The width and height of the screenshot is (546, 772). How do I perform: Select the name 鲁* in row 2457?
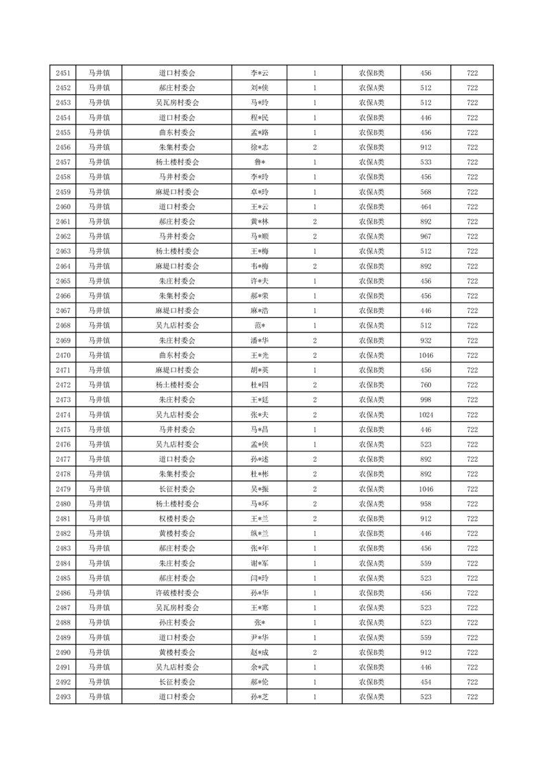click(x=259, y=162)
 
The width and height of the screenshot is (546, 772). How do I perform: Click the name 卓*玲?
click(x=259, y=192)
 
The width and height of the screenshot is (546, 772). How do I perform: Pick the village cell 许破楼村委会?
click(x=177, y=593)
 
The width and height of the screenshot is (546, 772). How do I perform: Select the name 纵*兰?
click(x=259, y=534)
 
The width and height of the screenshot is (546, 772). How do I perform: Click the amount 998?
click(x=426, y=400)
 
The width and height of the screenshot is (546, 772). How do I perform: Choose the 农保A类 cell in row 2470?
click(x=371, y=356)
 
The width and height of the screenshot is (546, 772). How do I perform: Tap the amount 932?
click(x=426, y=341)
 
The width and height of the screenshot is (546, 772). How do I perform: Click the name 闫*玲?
click(x=259, y=578)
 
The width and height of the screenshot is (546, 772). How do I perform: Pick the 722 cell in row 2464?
click(x=472, y=266)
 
